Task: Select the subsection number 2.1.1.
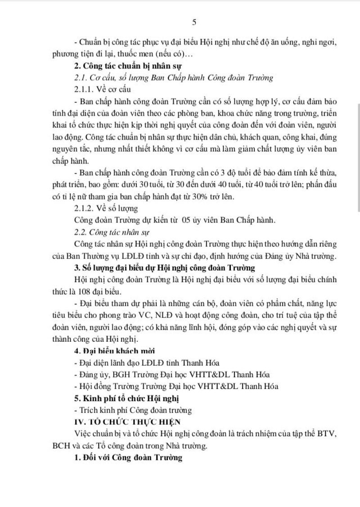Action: coord(86,89)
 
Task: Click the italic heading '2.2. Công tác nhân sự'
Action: coord(112,232)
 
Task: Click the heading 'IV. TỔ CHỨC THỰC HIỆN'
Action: coord(127,422)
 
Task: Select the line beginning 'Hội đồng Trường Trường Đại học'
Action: coord(175,386)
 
